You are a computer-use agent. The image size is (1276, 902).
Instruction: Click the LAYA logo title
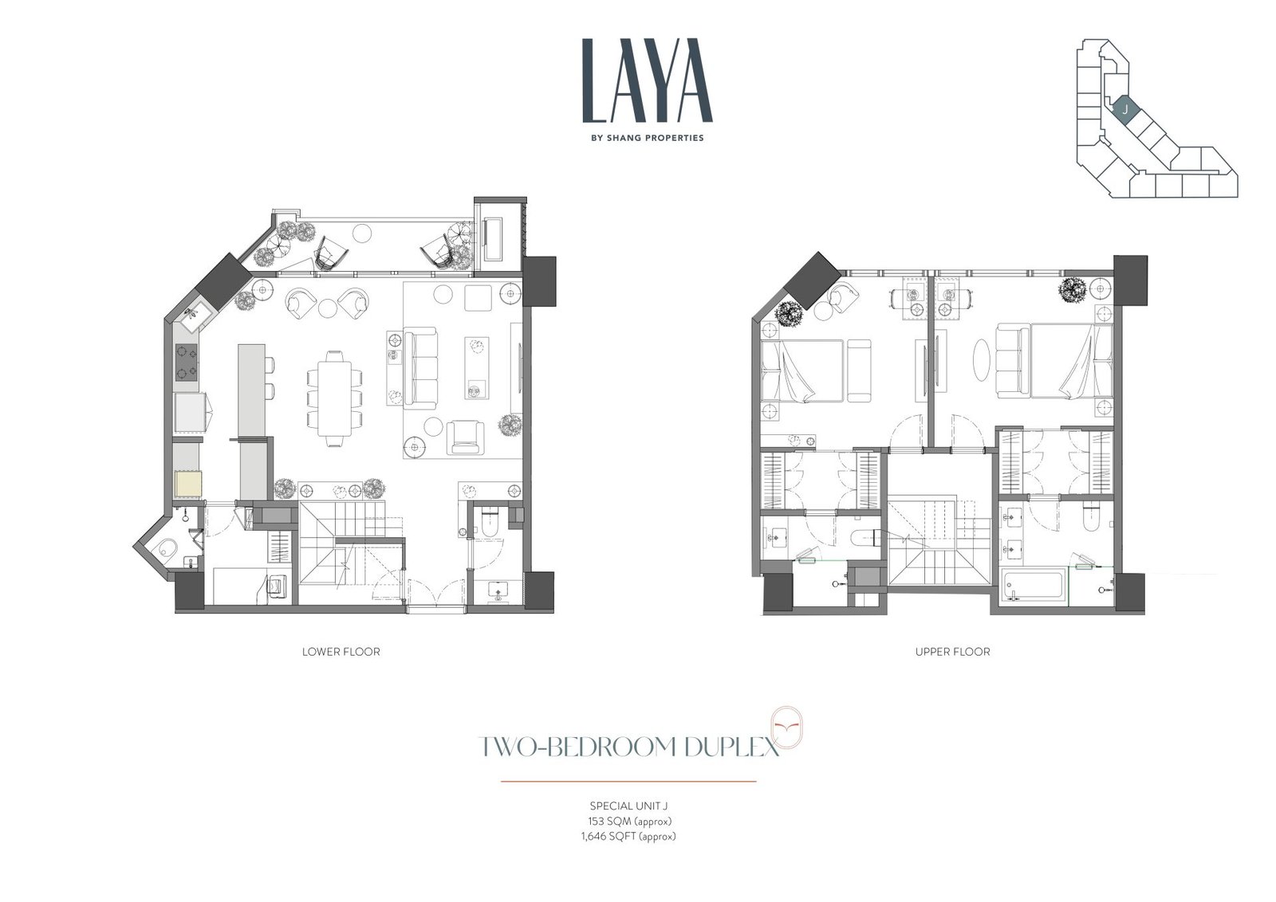click(647, 80)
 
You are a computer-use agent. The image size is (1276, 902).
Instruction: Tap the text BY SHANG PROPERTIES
click(647, 138)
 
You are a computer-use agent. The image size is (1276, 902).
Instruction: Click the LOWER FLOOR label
click(341, 652)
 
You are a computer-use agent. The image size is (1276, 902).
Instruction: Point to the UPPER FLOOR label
click(952, 652)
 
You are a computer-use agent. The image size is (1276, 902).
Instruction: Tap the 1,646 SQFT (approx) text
click(628, 836)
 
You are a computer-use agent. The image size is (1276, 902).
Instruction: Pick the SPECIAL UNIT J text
click(628, 806)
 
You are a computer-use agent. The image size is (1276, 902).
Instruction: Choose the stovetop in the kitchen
click(187, 363)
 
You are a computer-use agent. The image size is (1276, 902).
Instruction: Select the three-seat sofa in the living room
click(420, 367)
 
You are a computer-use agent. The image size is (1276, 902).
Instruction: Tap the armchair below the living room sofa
click(466, 437)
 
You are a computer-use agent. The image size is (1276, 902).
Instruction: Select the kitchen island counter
click(251, 390)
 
